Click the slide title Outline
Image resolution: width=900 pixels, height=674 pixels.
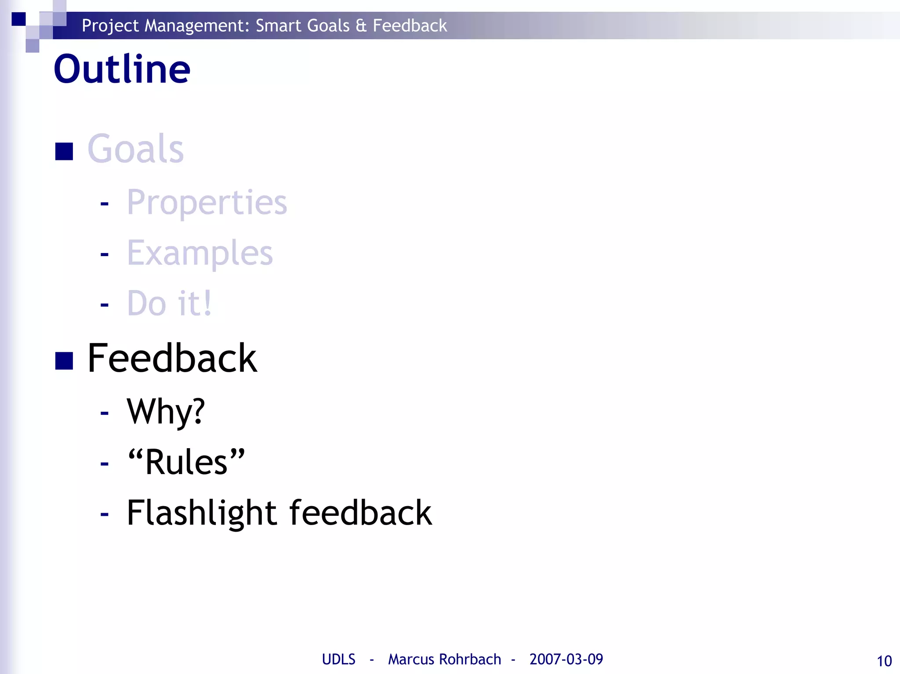(122, 69)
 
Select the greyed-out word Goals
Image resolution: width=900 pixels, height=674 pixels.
(135, 149)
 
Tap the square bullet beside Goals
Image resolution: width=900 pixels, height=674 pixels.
(64, 152)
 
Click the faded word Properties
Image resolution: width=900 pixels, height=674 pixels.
(207, 203)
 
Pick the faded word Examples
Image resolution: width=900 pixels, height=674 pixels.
(200, 254)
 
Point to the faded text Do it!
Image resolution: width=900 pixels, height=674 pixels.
(169, 303)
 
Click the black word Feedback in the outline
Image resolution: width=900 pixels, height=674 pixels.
(172, 358)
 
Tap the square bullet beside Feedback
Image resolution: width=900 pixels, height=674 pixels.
(64, 361)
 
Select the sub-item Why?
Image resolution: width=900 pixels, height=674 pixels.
(166, 412)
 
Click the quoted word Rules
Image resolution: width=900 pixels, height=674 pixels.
(186, 462)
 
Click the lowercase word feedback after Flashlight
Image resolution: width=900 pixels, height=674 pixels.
(360, 513)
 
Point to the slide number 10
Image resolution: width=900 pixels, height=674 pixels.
(884, 661)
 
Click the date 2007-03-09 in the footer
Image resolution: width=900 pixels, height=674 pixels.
(566, 659)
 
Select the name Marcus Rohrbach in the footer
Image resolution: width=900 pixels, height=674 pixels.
(444, 659)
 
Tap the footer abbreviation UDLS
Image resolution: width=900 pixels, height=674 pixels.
(338, 659)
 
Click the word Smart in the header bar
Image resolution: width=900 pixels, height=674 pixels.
(279, 25)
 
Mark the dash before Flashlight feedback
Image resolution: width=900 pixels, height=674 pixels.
(104, 513)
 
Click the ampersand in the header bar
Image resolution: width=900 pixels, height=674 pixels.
(361, 25)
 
